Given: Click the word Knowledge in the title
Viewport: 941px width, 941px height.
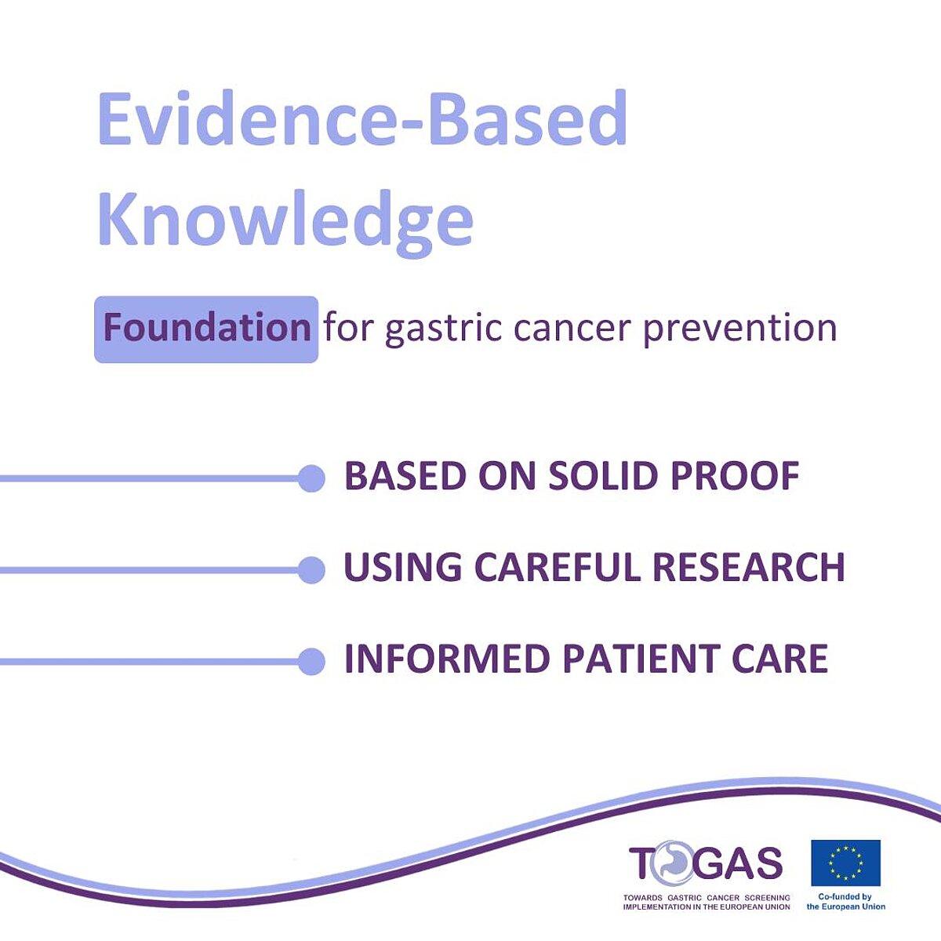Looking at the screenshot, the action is click(285, 222).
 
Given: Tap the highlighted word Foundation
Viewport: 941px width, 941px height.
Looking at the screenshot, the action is click(207, 327).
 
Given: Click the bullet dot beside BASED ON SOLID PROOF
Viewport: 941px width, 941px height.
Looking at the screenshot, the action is click(311, 478).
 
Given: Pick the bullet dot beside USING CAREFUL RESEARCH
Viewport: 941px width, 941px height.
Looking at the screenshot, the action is click(311, 570).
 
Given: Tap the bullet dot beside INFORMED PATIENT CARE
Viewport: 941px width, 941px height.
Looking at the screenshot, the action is click(311, 662).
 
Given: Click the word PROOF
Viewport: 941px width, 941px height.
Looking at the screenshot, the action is click(735, 475).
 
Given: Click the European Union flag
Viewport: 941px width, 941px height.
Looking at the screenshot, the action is click(846, 863).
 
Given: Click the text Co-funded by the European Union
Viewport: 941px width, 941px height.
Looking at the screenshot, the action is click(846, 902).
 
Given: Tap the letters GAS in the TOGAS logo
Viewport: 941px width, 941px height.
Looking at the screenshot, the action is click(738, 863).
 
